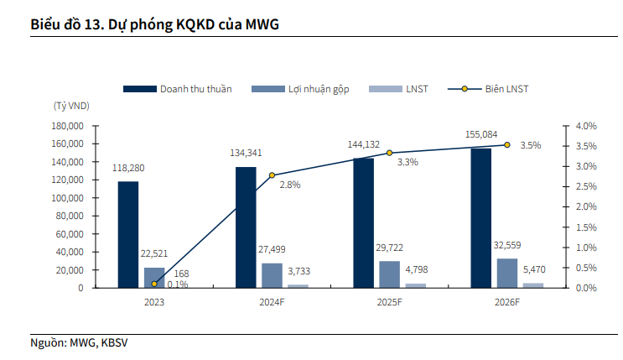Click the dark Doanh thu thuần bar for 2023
(x=128, y=234)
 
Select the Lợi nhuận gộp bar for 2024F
(x=272, y=275)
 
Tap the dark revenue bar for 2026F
(x=481, y=217)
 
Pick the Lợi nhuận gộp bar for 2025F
(x=389, y=274)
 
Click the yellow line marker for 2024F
(x=272, y=175)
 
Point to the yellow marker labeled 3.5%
(x=506, y=145)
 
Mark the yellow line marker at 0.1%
(x=154, y=284)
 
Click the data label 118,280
(x=127, y=169)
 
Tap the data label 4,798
(x=416, y=269)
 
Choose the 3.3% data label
(x=408, y=162)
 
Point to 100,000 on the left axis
(x=69, y=198)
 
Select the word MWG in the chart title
(x=262, y=24)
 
